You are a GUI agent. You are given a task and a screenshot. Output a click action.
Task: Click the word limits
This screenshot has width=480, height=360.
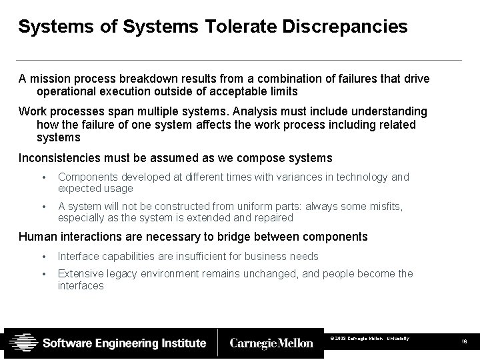tap(281, 91)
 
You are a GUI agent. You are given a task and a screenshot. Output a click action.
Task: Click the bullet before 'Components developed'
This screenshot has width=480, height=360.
tap(43, 178)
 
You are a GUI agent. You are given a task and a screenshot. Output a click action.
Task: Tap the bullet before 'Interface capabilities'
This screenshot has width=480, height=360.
tap(43, 257)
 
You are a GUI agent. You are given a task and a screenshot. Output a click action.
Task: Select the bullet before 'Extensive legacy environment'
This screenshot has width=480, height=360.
tap(43, 274)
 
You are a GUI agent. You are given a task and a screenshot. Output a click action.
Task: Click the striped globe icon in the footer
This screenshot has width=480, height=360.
tap(22, 343)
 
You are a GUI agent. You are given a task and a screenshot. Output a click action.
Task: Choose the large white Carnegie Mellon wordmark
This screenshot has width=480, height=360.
tap(271, 343)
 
